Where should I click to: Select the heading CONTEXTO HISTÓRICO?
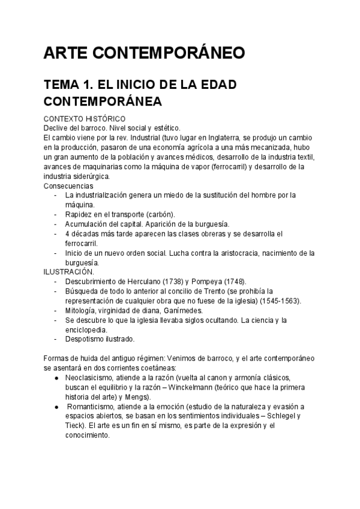click(84, 119)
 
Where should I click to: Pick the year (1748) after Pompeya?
click(233, 282)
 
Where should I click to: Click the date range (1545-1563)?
click(280, 301)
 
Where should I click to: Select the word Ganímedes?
click(181, 310)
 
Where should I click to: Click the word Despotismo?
click(88, 339)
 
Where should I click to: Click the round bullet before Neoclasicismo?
click(56, 378)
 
